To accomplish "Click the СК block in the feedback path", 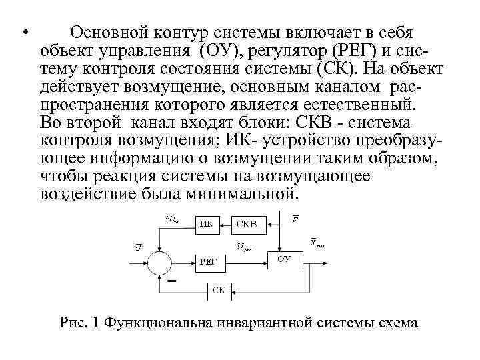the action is pyautogui.click(x=218, y=289).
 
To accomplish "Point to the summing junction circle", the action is pyautogui.click(x=161, y=261).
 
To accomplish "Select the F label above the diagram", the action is pyautogui.click(x=295, y=218).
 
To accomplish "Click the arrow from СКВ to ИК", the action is pyautogui.click(x=225, y=223).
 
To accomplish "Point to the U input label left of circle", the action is pyautogui.click(x=137, y=249).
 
